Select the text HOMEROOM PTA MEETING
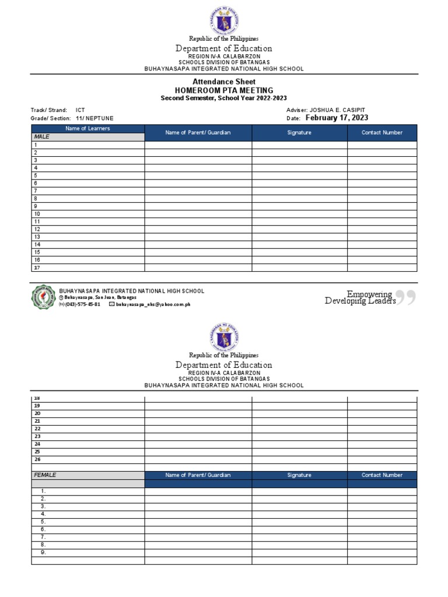point(224,90)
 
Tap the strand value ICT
point(80,110)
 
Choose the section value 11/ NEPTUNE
point(94,118)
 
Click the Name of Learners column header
point(87,128)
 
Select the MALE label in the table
point(41,137)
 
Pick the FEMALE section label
point(45,475)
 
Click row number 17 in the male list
point(37,268)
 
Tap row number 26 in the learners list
point(37,459)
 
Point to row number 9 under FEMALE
point(43,552)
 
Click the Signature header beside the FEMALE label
point(299,475)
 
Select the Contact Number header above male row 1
point(382,132)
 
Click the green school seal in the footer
point(43,297)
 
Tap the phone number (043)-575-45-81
point(82,304)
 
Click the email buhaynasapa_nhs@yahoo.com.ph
point(153,304)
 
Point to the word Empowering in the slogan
point(369,294)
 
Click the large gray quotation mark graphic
point(408,297)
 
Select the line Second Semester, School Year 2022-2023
point(224,99)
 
